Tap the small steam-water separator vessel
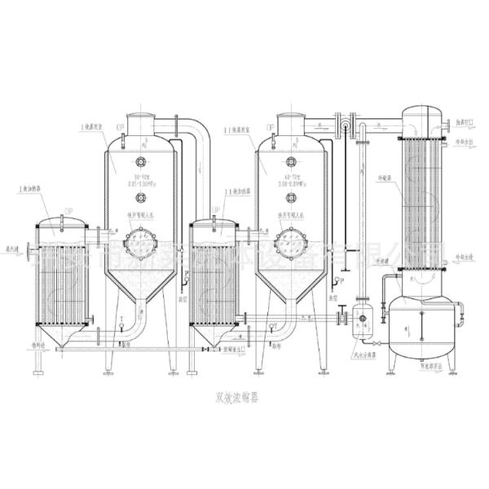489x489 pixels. [360, 323]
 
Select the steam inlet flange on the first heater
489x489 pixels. [29, 249]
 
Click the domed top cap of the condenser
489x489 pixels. [421, 113]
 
